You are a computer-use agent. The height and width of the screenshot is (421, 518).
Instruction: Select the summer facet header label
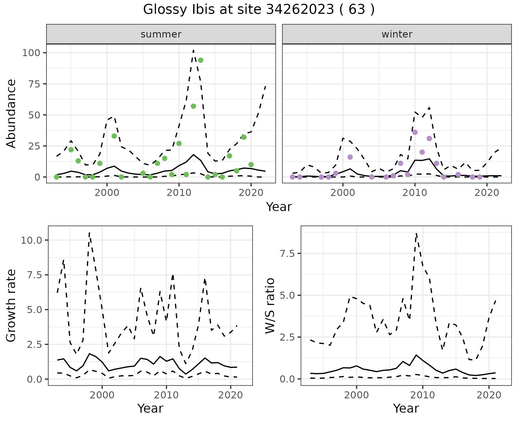pyautogui.click(x=161, y=34)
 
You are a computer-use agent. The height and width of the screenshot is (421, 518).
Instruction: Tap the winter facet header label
pyautogui.click(x=397, y=34)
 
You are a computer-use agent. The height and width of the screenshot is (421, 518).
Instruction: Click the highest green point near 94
pyautogui.click(x=200, y=60)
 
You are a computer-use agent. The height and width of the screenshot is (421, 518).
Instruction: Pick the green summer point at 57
pyautogui.click(x=193, y=106)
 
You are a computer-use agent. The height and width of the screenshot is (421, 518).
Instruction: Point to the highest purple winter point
pyautogui.click(x=415, y=132)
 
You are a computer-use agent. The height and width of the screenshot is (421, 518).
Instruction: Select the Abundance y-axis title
pyautogui.click(x=11, y=114)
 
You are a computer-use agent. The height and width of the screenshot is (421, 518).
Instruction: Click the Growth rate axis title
pyautogui.click(x=11, y=306)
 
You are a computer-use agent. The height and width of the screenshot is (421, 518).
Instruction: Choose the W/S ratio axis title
pyautogui.click(x=270, y=306)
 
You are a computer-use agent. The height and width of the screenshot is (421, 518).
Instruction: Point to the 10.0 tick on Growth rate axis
pyautogui.click(x=32, y=240)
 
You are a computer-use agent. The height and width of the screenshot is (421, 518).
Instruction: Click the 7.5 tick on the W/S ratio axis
pyautogui.click(x=287, y=253)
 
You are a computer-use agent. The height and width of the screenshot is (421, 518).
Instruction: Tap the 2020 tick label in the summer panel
pyautogui.click(x=251, y=193)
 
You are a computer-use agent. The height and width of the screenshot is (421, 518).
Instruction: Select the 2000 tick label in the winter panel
pyautogui.click(x=343, y=193)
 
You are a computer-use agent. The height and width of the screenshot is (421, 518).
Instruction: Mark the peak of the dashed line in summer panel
pyautogui.click(x=193, y=50)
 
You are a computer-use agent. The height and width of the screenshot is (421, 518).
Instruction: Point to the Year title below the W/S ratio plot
pyautogui.click(x=406, y=409)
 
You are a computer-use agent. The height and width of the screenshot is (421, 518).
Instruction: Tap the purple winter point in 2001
pyautogui.click(x=350, y=157)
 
